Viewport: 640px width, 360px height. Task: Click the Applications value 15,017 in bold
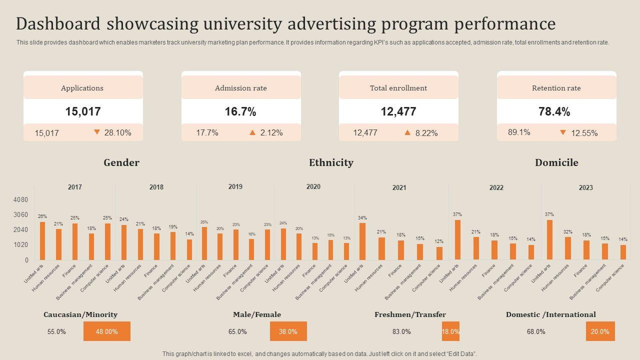coord(83,111)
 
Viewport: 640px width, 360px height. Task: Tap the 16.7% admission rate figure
coord(240,111)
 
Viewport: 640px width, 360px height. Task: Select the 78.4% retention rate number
coord(554,111)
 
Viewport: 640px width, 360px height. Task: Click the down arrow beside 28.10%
coord(97,132)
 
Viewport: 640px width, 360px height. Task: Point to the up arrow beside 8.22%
coord(407,132)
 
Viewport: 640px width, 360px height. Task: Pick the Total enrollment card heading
coord(398,88)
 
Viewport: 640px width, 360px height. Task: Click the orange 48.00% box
coord(107,331)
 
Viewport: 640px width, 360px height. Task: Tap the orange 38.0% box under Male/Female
coord(288,331)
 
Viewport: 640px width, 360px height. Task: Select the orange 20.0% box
coord(600,331)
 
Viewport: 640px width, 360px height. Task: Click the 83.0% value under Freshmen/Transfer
coord(401,331)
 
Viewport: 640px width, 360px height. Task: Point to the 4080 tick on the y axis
coord(20,200)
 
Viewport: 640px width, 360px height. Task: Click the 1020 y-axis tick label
coord(20,245)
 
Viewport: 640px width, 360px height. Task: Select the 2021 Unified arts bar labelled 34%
coord(362,241)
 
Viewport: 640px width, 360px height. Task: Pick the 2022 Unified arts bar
coord(457,240)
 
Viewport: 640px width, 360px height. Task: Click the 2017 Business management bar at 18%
coord(91,246)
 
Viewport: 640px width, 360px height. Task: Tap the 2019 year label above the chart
coord(235,186)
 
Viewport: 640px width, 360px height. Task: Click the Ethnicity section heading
coord(331,162)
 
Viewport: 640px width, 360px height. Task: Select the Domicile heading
coord(556,162)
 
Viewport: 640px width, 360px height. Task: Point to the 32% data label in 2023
coord(568,232)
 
